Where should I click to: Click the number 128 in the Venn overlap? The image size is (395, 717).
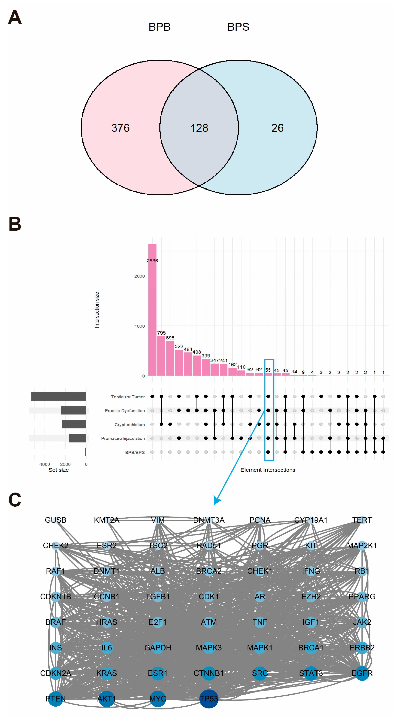[x=199, y=128]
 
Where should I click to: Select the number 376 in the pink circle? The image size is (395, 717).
[x=120, y=128]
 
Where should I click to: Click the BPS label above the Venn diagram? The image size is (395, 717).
[x=238, y=27]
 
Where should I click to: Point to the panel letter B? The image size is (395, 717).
[x=15, y=224]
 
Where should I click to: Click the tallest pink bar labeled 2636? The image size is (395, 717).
[x=152, y=309]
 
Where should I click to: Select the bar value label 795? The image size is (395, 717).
[x=161, y=333]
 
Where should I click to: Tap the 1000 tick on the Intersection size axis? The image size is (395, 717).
[x=139, y=326]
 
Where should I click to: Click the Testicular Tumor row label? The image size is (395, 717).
[x=128, y=397]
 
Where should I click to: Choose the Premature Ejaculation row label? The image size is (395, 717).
[x=123, y=438]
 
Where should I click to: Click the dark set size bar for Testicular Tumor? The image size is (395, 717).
[x=59, y=396]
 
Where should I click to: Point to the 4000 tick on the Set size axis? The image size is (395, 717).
[x=45, y=464]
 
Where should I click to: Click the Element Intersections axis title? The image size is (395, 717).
[x=268, y=470]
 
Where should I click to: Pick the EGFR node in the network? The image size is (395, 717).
[x=362, y=673]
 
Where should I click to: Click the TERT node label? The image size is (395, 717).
[x=362, y=520]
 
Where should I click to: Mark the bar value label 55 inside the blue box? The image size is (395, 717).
[x=268, y=370]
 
